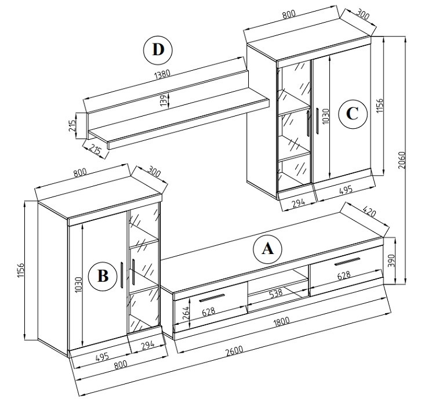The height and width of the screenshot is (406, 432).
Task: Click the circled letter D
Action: [x=158, y=50]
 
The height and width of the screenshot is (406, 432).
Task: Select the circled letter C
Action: [x=353, y=114]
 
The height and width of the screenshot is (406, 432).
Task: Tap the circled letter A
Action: [x=267, y=249]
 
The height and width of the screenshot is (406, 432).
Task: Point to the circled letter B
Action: [x=103, y=276]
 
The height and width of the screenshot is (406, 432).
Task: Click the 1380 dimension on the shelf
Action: [x=162, y=74]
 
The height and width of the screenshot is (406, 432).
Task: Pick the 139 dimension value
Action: [x=164, y=101]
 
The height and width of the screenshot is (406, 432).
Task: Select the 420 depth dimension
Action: [x=369, y=212]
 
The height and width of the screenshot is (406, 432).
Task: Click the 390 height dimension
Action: [x=391, y=260]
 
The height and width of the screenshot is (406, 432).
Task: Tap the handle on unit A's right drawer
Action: [x=347, y=262]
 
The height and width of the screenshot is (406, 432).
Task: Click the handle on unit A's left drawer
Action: [x=212, y=298]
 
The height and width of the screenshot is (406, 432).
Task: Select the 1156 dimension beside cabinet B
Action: [x=21, y=271]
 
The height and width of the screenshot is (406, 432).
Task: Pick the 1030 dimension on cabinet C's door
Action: [x=325, y=117]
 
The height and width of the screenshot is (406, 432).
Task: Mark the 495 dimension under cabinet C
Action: [x=346, y=190]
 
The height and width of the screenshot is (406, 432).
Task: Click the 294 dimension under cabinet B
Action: [x=147, y=345]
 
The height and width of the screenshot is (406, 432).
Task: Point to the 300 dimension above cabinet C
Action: [x=362, y=14]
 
